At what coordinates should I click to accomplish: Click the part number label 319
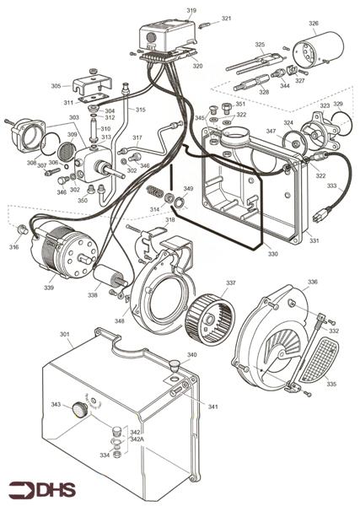coord(191,10)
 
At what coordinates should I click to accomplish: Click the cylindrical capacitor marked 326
coord(322,45)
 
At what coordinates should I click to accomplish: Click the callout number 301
coord(65,335)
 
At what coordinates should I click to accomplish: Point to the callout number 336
coord(312,282)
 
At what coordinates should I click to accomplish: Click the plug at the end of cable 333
coord(320,215)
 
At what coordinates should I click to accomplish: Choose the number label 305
coord(56,86)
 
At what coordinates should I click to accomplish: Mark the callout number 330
coord(272,253)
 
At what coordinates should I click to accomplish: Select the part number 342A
coord(137,439)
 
